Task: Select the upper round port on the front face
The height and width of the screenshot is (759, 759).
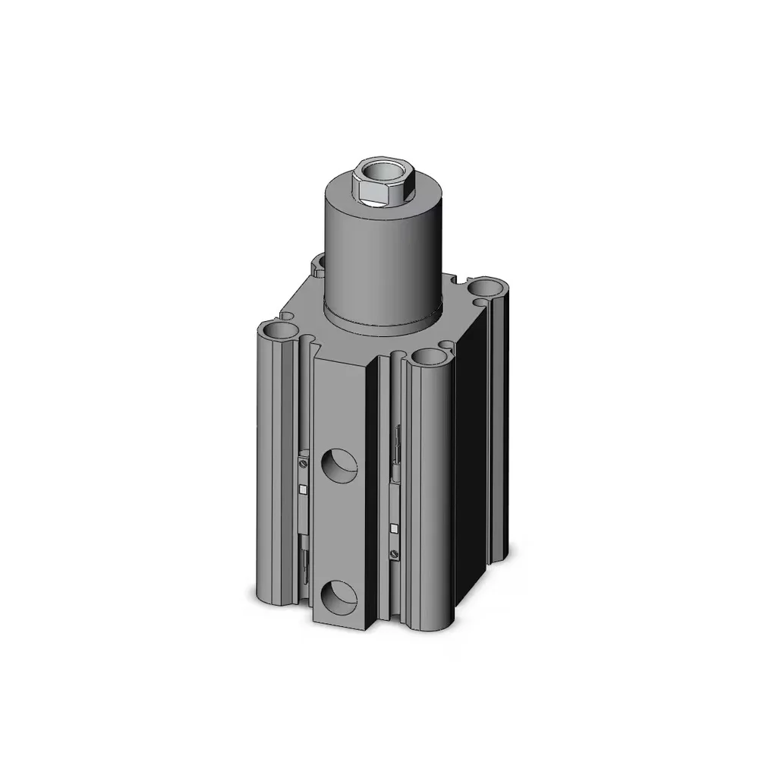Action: (338, 465)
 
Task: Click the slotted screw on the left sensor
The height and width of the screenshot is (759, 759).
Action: (305, 461)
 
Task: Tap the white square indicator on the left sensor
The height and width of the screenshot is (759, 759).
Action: (304, 488)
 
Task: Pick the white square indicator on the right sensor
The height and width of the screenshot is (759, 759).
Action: (393, 527)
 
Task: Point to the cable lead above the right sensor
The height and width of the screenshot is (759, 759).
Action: (396, 448)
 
